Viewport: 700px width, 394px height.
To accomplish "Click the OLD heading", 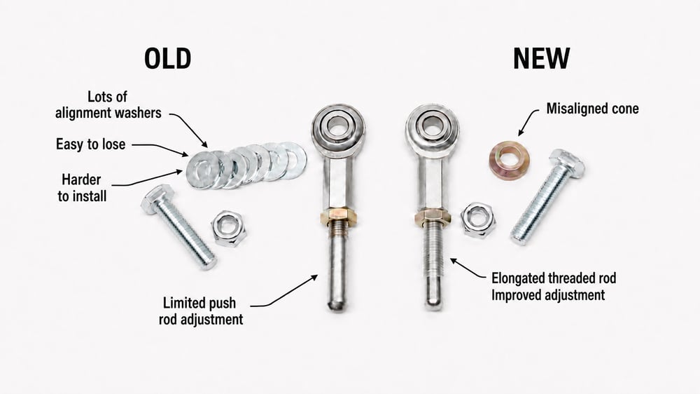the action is coord(167,58).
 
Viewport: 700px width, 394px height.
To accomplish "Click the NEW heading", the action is coord(541,58).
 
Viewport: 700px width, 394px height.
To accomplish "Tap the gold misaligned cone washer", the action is coord(510,160).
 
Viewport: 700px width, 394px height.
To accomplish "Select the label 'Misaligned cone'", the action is coord(592,109).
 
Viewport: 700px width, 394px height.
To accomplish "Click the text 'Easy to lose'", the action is coord(90,144).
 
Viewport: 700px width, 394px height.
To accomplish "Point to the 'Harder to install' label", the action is coord(82,188).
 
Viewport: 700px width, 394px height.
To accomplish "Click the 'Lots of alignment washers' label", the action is coord(108,104).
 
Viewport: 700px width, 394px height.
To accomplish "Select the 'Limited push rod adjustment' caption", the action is coord(201,311).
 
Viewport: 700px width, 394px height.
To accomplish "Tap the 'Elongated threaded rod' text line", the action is coord(554,278).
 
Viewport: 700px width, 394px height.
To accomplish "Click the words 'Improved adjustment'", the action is coord(548,295).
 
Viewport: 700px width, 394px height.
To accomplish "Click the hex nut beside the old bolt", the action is coord(229,228).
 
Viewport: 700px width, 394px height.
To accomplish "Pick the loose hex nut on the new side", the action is coord(477,219).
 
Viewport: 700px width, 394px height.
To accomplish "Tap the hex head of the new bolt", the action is coord(567,162).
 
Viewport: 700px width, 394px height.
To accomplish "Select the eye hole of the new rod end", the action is coord(431,125).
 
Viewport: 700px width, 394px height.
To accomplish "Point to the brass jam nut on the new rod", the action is coord(432,217).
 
